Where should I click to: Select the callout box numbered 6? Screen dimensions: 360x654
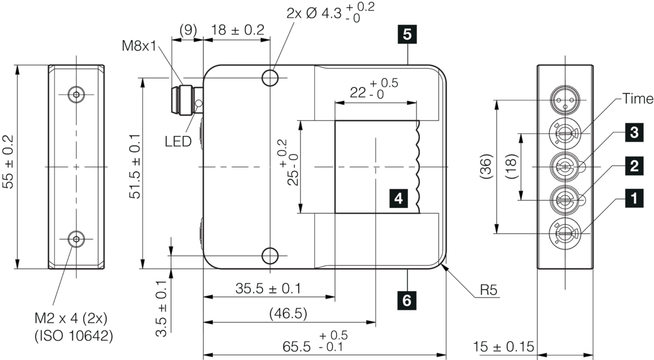click(407, 300)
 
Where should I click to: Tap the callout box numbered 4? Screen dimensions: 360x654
click(399, 198)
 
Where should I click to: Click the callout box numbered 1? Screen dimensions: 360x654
click(634, 198)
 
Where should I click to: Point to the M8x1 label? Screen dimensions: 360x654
click(138, 45)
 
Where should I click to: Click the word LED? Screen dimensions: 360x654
click(178, 141)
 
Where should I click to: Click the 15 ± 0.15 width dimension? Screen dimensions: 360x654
click(504, 347)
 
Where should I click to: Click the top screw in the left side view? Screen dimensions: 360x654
click(76, 95)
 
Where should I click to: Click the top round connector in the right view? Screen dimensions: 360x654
click(564, 99)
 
